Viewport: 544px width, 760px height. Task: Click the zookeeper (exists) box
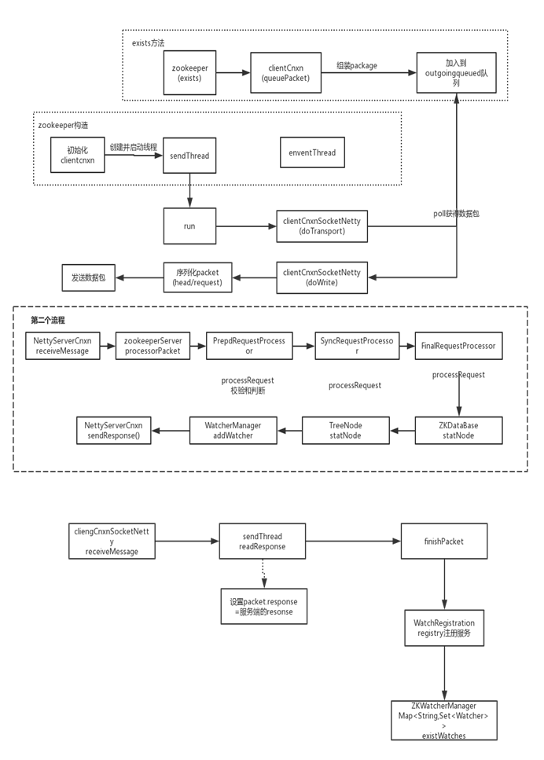point(189,73)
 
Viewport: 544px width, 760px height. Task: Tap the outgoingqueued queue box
point(456,73)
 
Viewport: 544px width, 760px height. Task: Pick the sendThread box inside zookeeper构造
point(189,156)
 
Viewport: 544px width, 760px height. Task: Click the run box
point(189,226)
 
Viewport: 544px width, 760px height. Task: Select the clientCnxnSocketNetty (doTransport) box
point(322,226)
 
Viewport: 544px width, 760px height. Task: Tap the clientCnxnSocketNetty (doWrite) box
point(322,277)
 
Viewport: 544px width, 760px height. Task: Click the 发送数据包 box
point(89,278)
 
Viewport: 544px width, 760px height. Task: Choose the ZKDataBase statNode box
point(458,431)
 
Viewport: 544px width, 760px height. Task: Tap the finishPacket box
point(444,542)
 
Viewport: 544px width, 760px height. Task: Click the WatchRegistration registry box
point(444,628)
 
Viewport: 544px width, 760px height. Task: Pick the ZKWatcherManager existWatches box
point(444,720)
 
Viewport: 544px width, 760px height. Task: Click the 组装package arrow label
point(356,65)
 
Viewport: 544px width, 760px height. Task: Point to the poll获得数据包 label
point(457,213)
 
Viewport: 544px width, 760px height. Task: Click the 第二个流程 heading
point(48,320)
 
